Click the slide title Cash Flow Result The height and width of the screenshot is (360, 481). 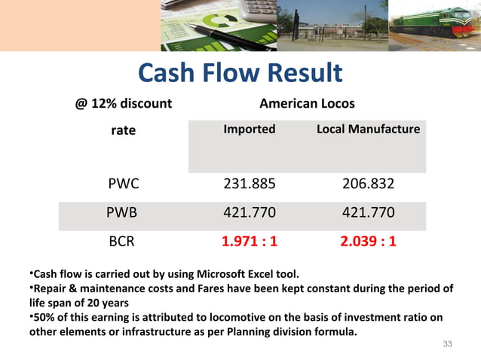(x=240, y=73)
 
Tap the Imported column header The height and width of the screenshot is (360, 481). (x=250, y=130)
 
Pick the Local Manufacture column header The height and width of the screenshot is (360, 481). (x=368, y=130)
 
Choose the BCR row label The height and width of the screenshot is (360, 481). (x=123, y=243)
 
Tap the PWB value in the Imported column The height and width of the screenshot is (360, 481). (x=250, y=213)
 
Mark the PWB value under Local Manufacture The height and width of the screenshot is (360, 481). (x=368, y=213)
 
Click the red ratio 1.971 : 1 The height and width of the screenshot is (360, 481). (x=250, y=243)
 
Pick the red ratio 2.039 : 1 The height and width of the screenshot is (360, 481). (x=368, y=243)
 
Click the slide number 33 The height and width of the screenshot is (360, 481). (x=447, y=344)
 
